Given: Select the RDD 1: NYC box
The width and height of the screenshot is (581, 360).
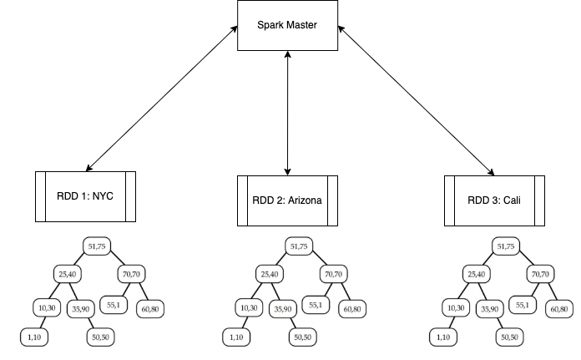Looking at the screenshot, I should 84,196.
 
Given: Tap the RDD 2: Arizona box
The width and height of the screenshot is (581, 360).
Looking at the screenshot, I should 287,200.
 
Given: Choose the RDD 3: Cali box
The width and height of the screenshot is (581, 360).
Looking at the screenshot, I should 494,200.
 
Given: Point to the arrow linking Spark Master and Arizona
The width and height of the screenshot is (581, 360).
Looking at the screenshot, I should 287,113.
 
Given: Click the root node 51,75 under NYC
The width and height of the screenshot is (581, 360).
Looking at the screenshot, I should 98,246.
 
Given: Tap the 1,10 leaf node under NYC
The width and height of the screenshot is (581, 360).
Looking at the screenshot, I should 35,337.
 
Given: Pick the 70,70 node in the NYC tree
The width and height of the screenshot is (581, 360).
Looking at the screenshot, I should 132,273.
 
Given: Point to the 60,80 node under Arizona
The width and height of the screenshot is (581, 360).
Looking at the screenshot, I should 352,309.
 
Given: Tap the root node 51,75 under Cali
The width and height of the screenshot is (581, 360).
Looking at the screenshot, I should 506,246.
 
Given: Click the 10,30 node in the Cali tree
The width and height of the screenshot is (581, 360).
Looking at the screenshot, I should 455,308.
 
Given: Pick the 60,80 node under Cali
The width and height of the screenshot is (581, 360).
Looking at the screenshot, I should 558,309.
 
